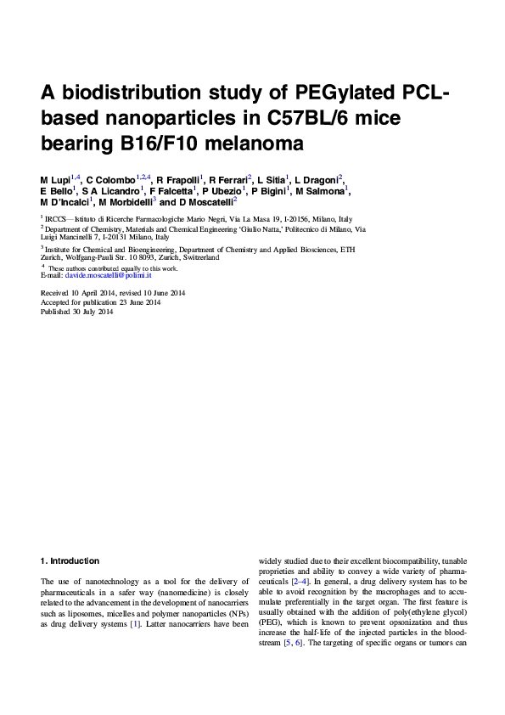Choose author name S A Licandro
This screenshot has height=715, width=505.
pos(112,193)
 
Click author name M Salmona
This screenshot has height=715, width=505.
pos(319,193)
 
